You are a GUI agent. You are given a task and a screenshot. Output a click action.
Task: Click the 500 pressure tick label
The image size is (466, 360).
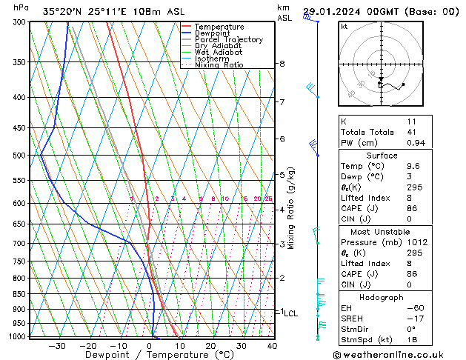(20, 156)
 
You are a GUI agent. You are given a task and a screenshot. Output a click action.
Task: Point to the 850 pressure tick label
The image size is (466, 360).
(20, 294)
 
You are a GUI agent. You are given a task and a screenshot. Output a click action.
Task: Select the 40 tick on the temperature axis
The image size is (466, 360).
(272, 346)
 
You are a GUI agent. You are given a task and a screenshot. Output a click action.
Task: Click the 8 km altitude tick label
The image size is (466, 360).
(282, 64)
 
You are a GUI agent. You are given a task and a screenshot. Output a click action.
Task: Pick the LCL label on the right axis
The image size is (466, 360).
(291, 313)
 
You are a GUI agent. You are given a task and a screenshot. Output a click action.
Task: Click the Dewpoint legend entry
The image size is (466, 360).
(213, 33)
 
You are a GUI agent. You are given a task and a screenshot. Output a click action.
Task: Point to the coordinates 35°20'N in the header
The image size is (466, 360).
(61, 11)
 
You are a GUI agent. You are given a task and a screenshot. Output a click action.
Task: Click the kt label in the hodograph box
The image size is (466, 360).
(344, 26)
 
